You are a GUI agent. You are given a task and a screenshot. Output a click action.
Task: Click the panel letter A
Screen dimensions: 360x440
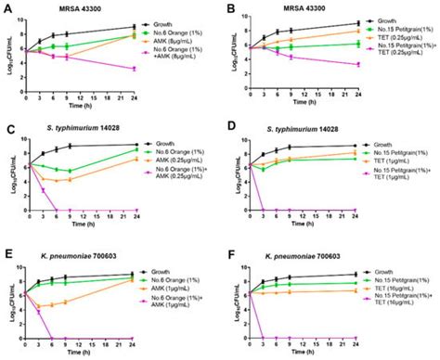7,6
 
